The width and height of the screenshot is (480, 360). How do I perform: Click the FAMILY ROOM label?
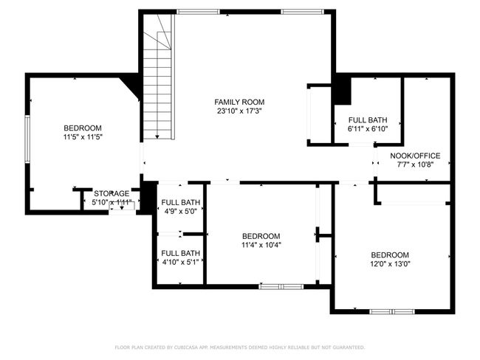click(239, 102)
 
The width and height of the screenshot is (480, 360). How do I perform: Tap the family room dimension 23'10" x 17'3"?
click(239, 111)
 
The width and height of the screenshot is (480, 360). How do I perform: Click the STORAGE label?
click(111, 193)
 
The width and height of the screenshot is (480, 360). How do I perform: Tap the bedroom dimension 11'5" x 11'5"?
click(83, 137)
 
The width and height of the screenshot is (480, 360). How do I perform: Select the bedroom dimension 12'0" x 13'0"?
click(390, 264)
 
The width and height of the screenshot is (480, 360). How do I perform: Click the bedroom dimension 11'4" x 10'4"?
click(261, 245)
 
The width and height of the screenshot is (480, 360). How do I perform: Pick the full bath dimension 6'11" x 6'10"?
click(367, 129)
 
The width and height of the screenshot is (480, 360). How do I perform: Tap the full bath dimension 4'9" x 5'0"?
click(180, 211)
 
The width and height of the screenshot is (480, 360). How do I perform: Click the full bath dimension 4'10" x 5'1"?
click(180, 261)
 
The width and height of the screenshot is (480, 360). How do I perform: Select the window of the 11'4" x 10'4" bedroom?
click(281, 285)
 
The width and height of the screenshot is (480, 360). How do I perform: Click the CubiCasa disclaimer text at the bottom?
click(239, 347)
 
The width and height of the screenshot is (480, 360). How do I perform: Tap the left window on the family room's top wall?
click(197, 12)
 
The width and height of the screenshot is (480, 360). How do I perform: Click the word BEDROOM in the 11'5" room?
click(83, 128)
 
